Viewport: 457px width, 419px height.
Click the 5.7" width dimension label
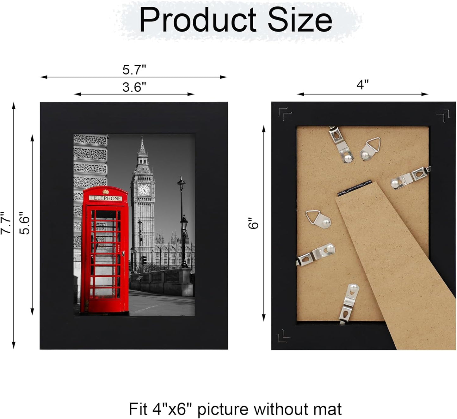point(134,70)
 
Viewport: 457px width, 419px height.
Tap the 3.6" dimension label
point(134,87)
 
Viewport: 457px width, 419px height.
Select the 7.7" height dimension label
point(6,223)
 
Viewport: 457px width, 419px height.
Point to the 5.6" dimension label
point(25,223)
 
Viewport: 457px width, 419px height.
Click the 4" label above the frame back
point(362,85)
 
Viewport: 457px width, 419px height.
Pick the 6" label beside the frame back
point(253,223)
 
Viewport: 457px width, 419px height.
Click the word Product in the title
point(198,20)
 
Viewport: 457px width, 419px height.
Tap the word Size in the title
point(300,20)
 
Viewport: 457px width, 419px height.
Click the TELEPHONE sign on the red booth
point(105,198)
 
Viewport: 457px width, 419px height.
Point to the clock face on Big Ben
point(144,190)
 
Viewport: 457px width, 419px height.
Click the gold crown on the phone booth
point(106,191)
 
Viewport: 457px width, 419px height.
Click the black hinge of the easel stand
point(354,188)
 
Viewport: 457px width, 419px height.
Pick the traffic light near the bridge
point(144,260)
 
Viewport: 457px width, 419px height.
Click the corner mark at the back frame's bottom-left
point(283,336)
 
